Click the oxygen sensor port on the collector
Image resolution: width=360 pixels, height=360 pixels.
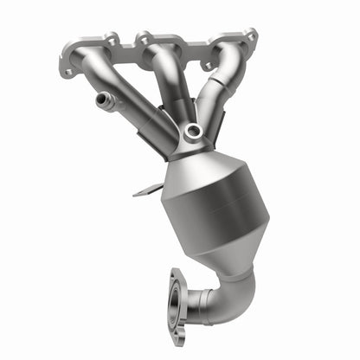[x=192, y=132]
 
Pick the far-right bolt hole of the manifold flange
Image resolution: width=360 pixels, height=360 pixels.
[x=250, y=36]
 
